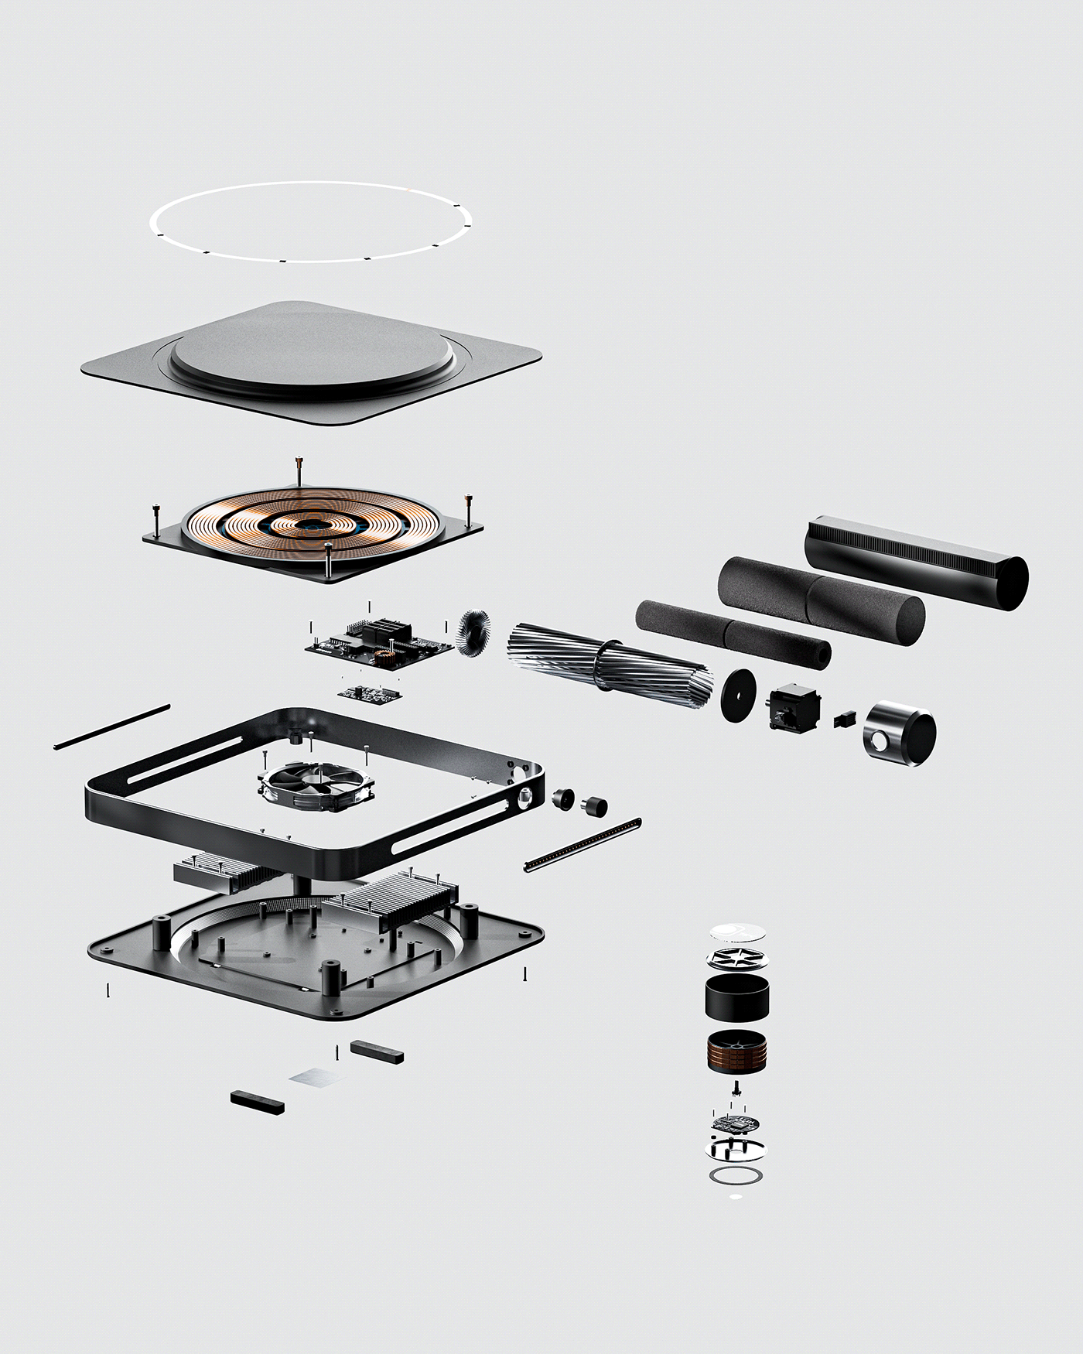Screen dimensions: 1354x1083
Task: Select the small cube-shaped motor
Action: click(x=791, y=707)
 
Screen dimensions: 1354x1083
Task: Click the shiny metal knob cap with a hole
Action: click(x=899, y=735)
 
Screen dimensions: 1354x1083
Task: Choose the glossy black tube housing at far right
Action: click(x=917, y=561)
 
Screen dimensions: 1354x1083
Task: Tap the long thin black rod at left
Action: click(x=112, y=727)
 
